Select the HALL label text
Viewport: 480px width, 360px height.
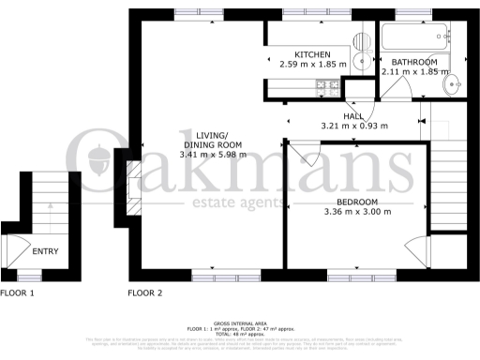click(353, 116)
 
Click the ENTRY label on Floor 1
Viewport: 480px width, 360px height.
click(45, 251)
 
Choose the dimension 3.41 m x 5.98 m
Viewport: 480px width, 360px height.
click(213, 154)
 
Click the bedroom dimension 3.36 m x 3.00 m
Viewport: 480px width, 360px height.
click(356, 213)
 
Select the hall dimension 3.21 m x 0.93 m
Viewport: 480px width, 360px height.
click(353, 125)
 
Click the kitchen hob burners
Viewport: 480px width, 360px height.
click(328, 87)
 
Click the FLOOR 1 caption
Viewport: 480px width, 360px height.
click(17, 292)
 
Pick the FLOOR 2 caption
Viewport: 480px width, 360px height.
click(145, 292)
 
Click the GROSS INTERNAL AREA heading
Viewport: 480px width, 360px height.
click(239, 322)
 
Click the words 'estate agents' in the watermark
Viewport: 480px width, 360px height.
click(239, 203)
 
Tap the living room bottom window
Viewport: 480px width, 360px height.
click(225, 277)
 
